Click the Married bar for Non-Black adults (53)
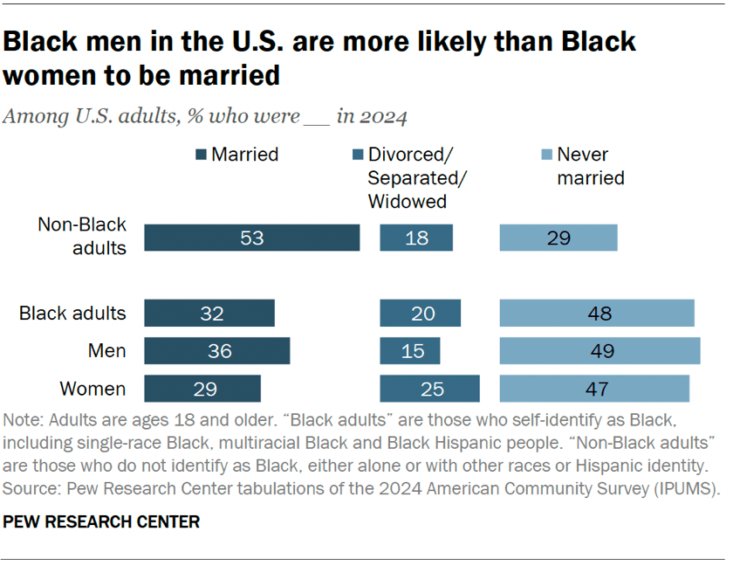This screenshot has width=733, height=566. point(252,238)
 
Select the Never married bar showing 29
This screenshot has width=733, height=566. point(558,238)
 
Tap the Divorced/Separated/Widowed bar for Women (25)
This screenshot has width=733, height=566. point(430,389)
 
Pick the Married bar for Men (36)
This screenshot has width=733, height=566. point(216,351)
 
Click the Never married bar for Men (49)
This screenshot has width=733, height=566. point(599,351)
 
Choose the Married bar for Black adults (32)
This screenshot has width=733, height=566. point(209,314)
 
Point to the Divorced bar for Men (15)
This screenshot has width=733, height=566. point(410,351)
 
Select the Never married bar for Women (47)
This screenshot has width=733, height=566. point(594,389)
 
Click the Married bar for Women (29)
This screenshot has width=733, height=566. point(202,389)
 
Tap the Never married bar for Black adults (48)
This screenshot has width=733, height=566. point(597,314)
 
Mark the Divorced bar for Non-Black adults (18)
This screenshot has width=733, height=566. point(417,238)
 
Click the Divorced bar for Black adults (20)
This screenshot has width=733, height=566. point(421,314)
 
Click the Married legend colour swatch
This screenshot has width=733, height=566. point(202,155)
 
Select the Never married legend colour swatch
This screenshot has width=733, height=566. point(545,155)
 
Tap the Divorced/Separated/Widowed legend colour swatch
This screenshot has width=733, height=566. point(357,155)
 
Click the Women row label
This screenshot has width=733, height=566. point(92,389)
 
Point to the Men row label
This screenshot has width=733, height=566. point(107,351)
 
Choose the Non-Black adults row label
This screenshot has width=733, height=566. point(82,236)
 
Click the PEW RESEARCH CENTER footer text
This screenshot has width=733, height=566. point(102,522)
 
